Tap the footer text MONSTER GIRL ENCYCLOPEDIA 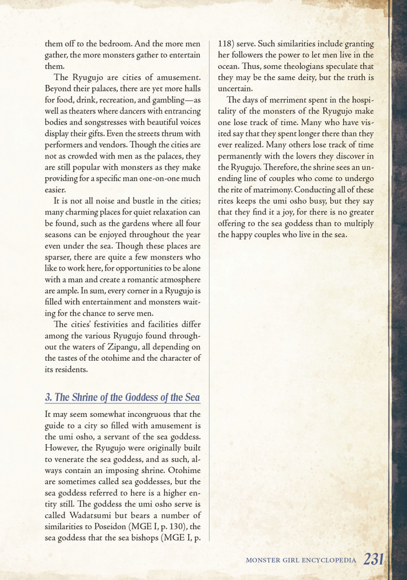(301, 560)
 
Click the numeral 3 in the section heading (48, 397)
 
